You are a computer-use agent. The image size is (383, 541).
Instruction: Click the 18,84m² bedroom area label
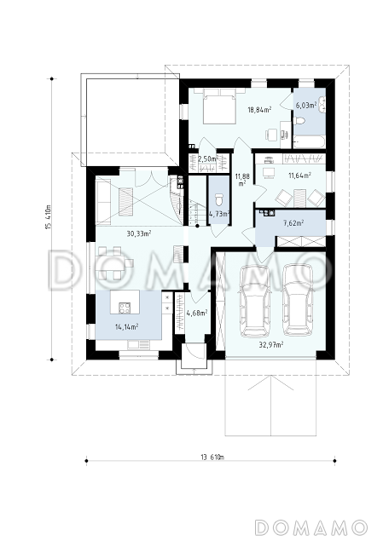point(259,110)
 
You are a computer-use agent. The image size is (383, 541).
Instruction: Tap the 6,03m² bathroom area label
point(306,105)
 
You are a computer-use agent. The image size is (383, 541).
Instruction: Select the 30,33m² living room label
point(139,233)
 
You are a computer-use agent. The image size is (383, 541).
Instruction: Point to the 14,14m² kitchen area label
point(127,326)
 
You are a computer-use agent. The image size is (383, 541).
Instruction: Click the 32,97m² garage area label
point(271,344)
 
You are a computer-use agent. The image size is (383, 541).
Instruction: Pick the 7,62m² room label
point(293,223)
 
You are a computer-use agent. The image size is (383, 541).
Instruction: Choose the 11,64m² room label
point(299,176)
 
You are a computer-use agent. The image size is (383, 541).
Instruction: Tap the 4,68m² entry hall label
point(197,313)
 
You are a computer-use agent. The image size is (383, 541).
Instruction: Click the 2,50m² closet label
point(208,158)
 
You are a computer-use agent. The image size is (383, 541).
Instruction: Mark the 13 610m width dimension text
point(212,458)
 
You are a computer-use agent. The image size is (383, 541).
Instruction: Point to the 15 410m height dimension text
point(49,217)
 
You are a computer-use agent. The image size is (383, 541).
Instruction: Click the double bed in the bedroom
point(219,106)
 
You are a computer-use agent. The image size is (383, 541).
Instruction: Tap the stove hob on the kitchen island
point(125,308)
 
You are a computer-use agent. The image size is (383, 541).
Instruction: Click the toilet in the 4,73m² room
point(218,200)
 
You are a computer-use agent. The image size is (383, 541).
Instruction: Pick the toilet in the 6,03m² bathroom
point(299,121)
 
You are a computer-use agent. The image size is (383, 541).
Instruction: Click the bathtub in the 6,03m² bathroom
point(309,141)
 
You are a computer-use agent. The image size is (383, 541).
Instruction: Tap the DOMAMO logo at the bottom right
point(310,527)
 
